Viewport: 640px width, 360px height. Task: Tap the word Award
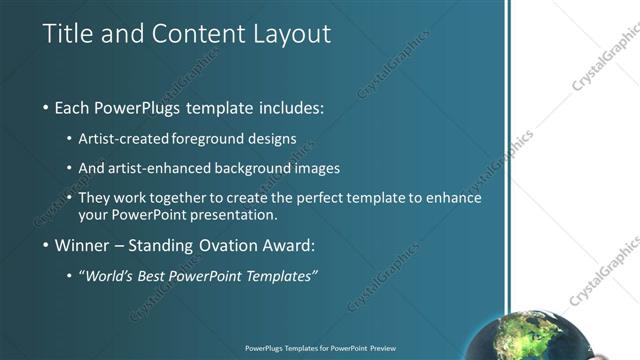pos(290,246)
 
